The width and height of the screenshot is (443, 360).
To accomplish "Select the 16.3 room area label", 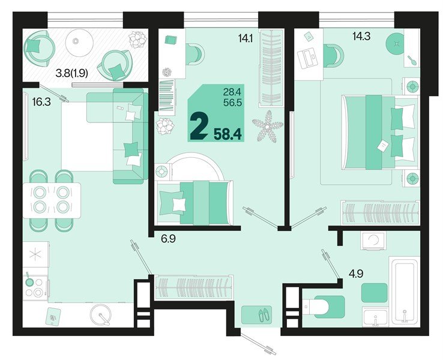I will tap(41, 103).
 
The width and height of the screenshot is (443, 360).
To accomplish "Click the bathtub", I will tap(407, 292).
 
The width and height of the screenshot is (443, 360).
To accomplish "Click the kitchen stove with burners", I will tap(35, 286).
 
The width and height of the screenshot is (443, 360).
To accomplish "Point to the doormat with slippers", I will tap(256, 314).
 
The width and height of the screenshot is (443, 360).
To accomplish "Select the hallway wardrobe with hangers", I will tap(193, 286).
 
